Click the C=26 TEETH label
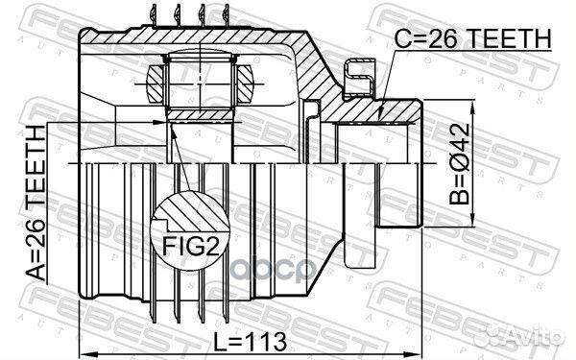tap(473, 39)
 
